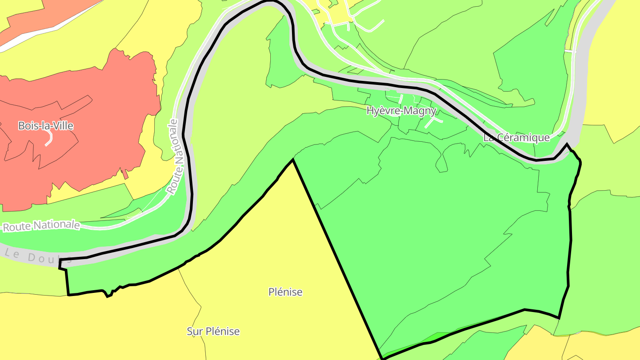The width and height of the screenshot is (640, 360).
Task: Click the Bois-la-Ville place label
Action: coord(45,126)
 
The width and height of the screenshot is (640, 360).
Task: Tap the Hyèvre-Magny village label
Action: coord(401,111)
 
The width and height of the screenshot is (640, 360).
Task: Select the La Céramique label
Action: coord(516,138)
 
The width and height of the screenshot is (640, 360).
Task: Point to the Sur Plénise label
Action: coord(213,332)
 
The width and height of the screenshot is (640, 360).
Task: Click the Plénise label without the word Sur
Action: coord(285,292)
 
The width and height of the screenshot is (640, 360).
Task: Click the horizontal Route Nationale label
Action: coord(41,226)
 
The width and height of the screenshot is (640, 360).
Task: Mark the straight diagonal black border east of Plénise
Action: coord(338,258)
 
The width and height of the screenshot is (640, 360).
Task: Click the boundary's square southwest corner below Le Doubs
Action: coord(68,294)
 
